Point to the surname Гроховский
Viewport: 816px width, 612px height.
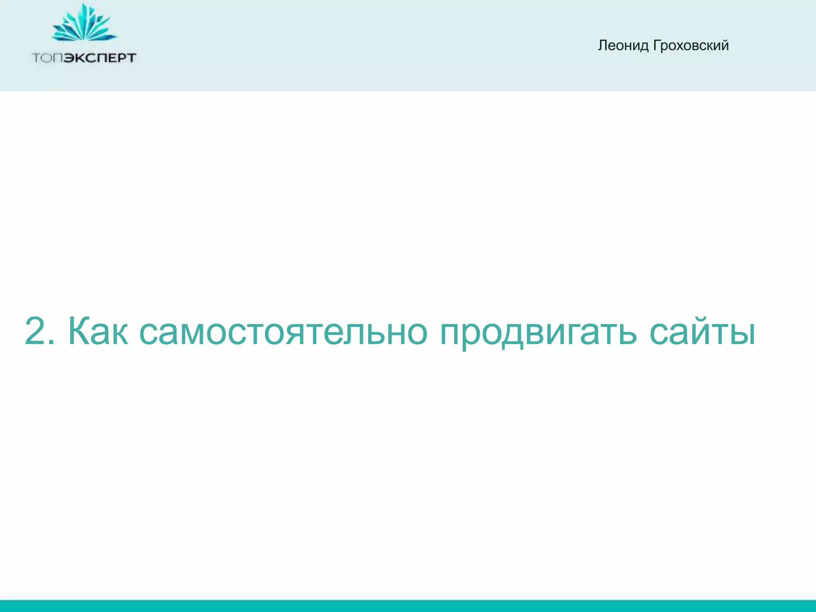coord(691,46)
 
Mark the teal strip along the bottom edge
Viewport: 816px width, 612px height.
coord(408,606)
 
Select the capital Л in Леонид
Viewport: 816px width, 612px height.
coord(603,46)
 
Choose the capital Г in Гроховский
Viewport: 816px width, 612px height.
coord(656,45)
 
